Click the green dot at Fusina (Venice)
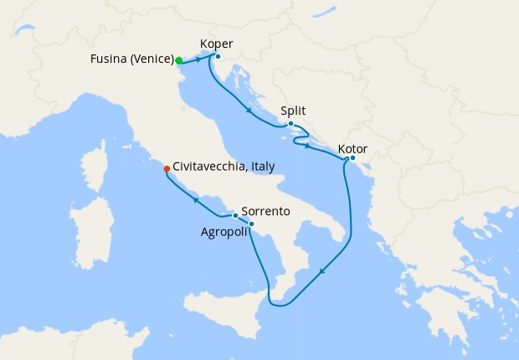point(179,60)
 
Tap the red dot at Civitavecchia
point(167,168)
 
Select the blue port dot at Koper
point(217,57)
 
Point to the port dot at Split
point(290,125)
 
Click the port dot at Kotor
point(352,158)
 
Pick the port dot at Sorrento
point(235,216)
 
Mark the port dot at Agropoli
point(251,224)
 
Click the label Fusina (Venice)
point(131,59)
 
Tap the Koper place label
point(217,44)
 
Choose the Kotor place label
point(352,150)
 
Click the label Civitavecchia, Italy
point(224,167)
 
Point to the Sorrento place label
point(265,212)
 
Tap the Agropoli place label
point(224,231)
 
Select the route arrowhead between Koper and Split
point(249,111)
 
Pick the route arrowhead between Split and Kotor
point(308,147)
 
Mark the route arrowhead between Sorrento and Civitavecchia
point(195,200)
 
